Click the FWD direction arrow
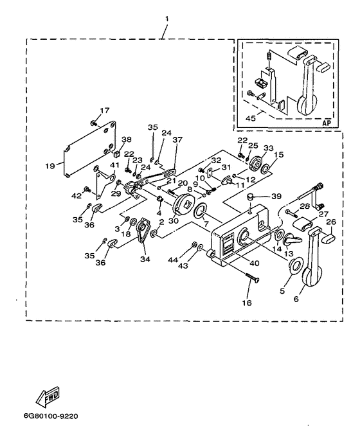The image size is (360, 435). [48, 395]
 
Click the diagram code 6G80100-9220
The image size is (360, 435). [51, 416]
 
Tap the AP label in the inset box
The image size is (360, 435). [327, 123]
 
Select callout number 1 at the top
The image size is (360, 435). [166, 19]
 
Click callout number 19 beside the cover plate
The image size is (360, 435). [51, 166]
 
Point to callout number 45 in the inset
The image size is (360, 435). [251, 118]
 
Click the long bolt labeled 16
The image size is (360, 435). [252, 278]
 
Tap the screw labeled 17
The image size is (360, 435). [94, 123]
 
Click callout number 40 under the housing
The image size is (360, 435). [255, 262]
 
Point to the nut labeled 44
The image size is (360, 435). [194, 244]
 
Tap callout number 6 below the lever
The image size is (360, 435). [296, 299]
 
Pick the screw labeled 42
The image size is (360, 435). [86, 189]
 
